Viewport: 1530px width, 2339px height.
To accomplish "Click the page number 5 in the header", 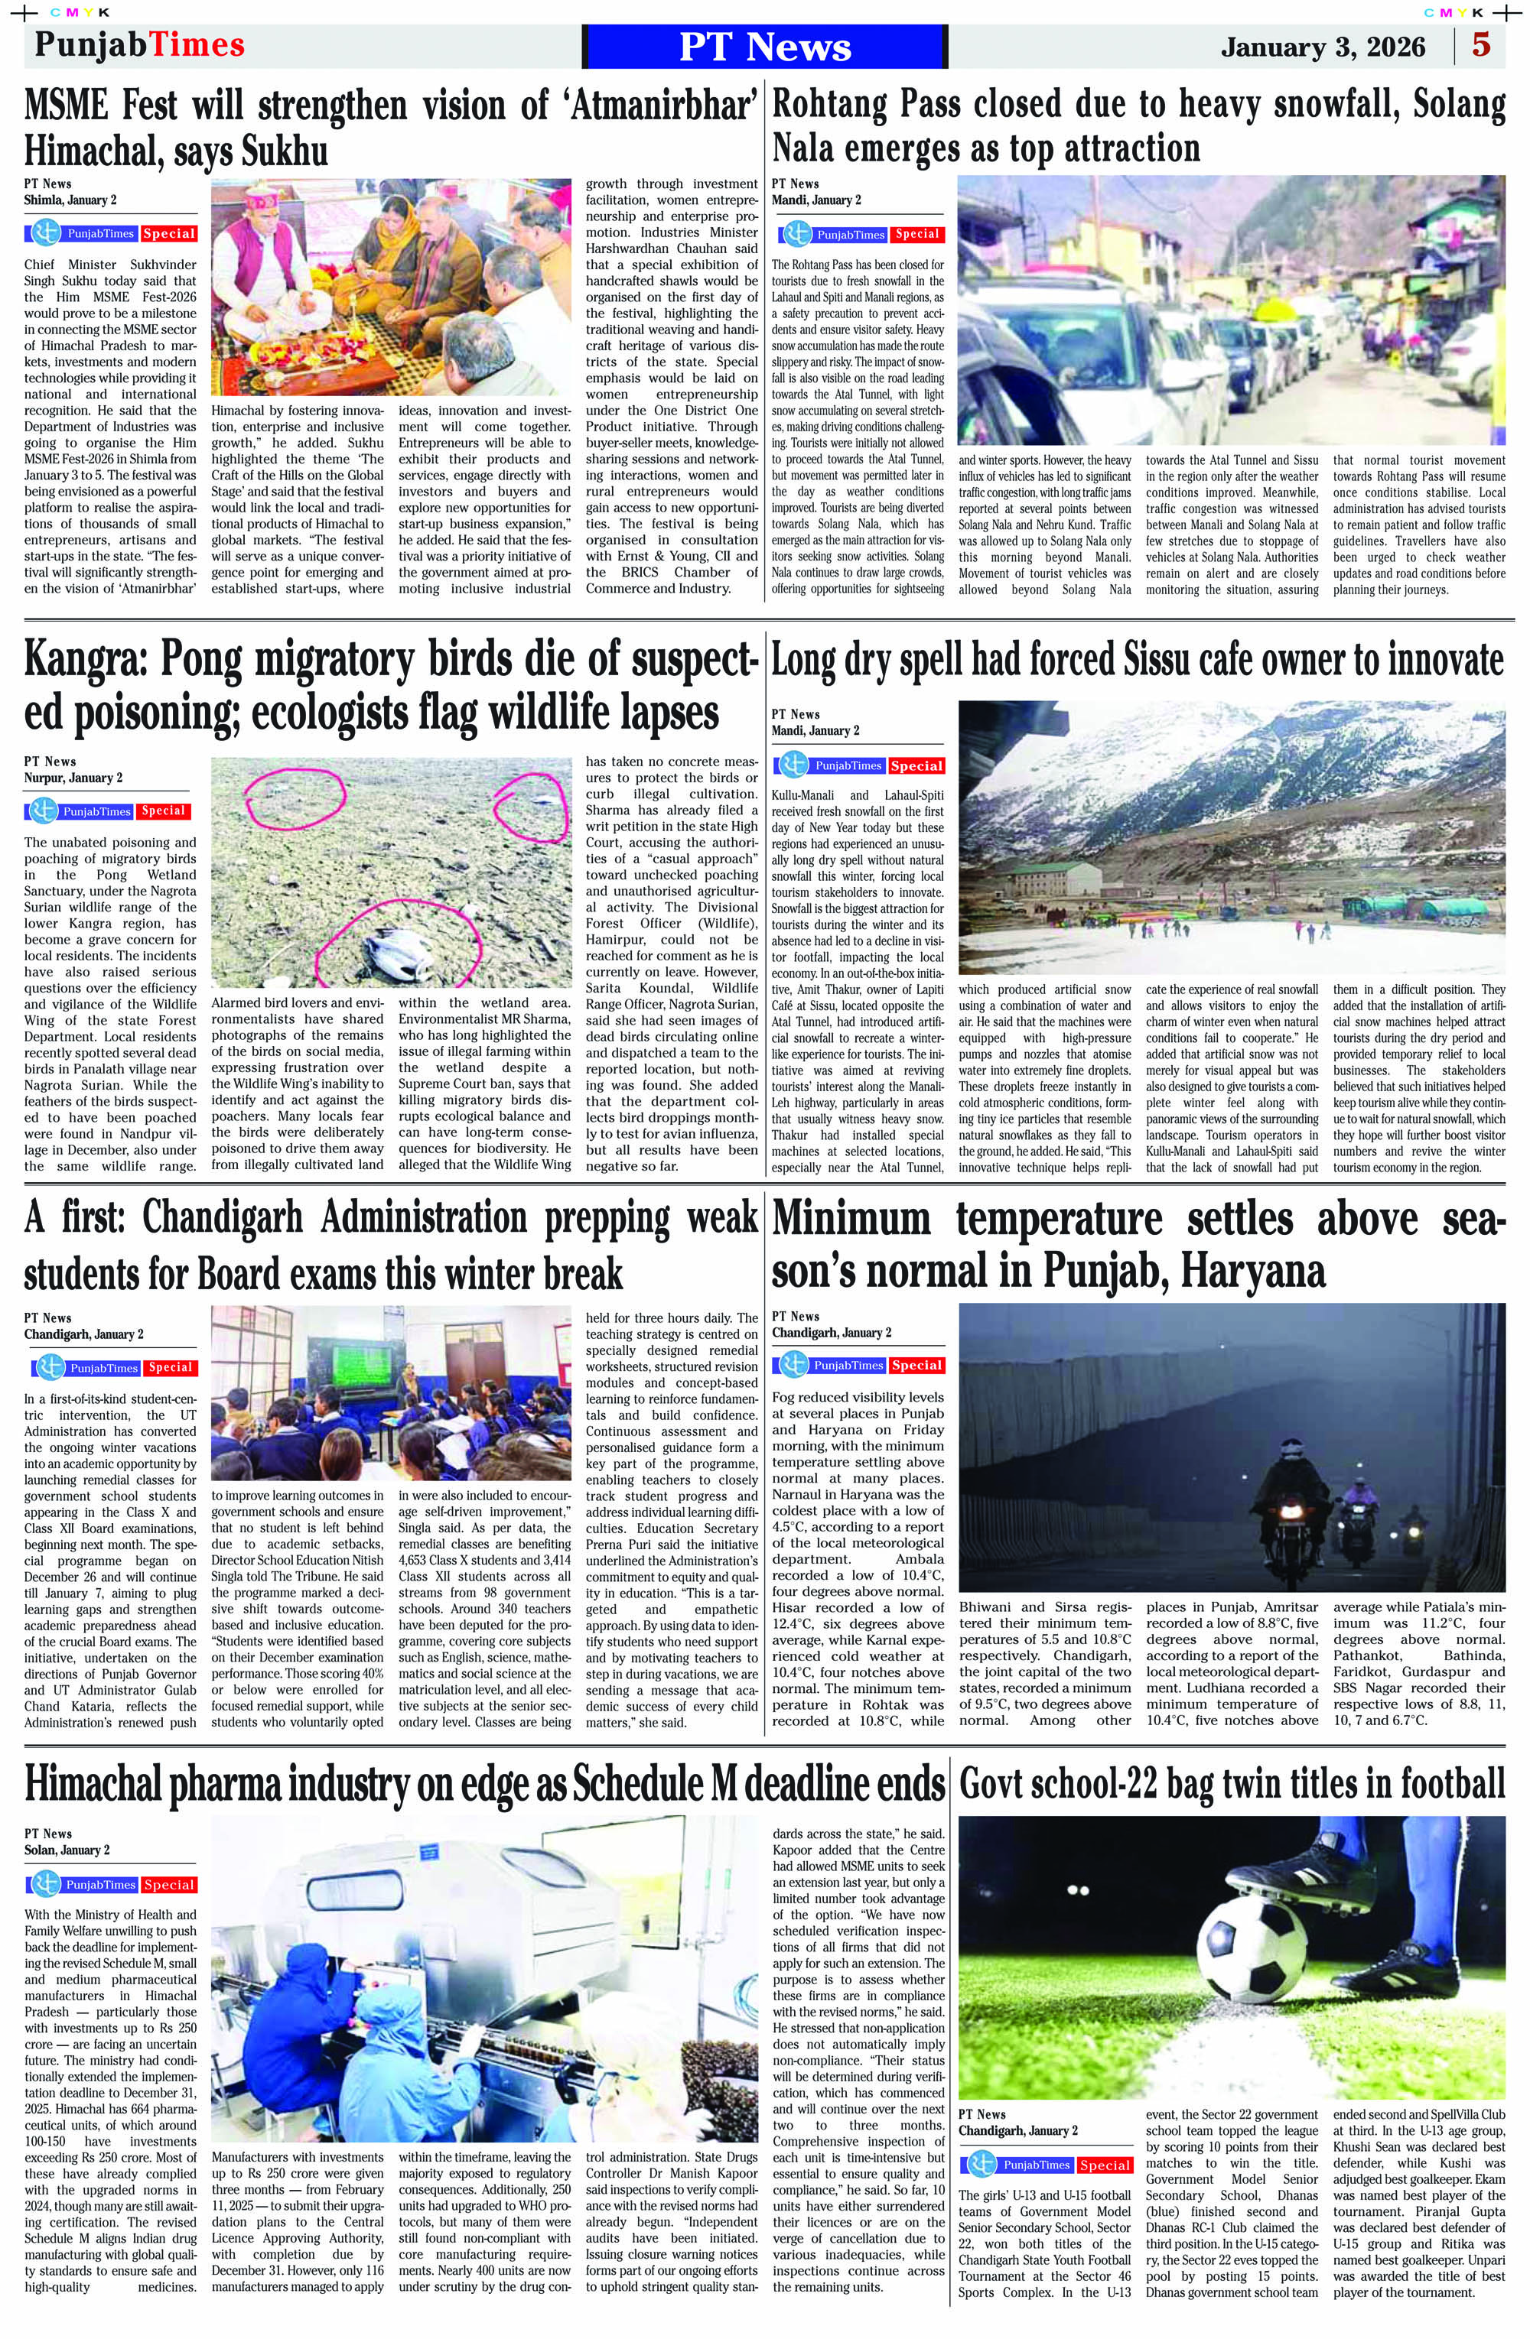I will point(1481,45).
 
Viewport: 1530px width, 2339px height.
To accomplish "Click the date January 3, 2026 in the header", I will point(1323,47).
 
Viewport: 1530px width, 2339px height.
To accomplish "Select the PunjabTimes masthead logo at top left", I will point(138,45).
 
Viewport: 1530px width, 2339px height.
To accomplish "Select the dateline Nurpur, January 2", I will point(73,778).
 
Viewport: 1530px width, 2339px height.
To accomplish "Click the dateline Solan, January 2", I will point(67,1850).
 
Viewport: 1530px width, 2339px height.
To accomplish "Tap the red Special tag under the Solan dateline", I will point(168,1885).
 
